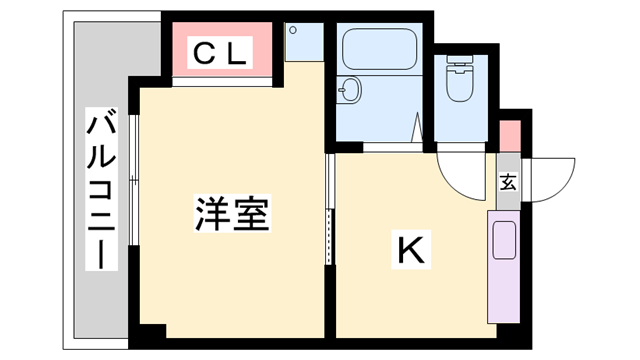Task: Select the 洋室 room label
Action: (x=232, y=214)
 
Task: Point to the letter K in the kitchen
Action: (x=411, y=251)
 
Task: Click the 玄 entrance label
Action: (x=508, y=183)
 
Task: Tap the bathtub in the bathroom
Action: (x=381, y=50)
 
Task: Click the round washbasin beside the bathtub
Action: (x=350, y=89)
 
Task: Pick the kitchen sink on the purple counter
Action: (x=504, y=240)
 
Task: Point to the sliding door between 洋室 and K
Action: (x=329, y=210)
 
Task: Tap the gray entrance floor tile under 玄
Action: (x=508, y=195)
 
